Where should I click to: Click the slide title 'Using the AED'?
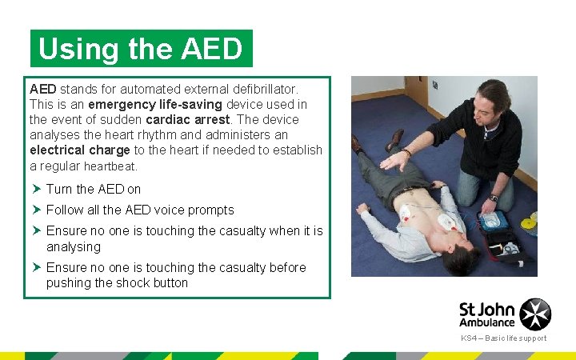pyautogui.click(x=141, y=49)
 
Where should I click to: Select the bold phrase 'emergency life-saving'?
pyautogui.click(x=156, y=105)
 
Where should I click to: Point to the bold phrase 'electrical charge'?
pyautogui.click(x=79, y=150)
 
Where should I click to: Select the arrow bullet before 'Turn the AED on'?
pyautogui.click(x=36, y=190)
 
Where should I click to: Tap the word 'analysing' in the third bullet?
pyautogui.click(x=74, y=246)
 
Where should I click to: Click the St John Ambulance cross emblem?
pyautogui.click(x=535, y=314)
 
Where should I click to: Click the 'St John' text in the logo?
pyautogui.click(x=486, y=308)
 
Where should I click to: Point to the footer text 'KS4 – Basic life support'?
pyautogui.click(x=503, y=338)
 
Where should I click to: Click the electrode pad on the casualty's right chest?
pyautogui.click(x=407, y=212)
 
